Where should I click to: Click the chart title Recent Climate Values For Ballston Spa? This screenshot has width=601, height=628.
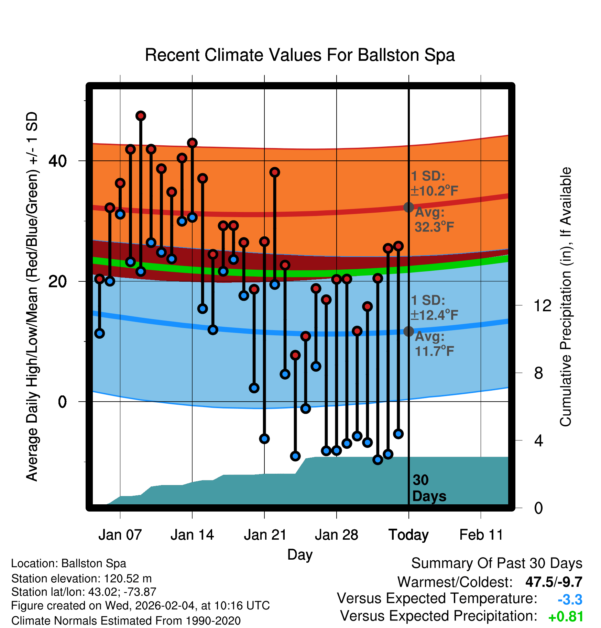pos(300,55)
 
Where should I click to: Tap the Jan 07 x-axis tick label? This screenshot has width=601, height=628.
pos(120,535)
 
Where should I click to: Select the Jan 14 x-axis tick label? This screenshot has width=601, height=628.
pos(192,535)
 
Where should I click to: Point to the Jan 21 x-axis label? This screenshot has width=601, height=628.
pos(265,535)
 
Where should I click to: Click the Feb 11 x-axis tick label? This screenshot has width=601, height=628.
pos(481,535)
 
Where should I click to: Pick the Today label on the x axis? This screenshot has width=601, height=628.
pos(408,535)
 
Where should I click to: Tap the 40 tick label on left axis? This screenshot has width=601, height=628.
pos(57,161)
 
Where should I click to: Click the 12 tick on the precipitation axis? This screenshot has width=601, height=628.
pos(542,305)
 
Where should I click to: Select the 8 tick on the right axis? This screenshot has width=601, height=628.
pos(539,373)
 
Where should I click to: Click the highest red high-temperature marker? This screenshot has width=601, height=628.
pos(141,116)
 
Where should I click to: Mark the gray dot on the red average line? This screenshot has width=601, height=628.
pos(408,207)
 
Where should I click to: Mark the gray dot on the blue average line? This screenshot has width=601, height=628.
pos(408,331)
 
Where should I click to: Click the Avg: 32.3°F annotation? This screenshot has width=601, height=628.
pos(434,220)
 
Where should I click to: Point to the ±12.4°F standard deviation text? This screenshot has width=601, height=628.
pos(435,315)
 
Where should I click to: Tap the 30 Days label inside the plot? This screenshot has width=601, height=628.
pos(429,488)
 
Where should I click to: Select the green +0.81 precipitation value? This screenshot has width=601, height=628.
pos(566,617)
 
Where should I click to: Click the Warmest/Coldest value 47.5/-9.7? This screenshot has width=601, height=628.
pos(554,582)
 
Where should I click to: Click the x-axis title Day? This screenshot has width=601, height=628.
pos(300,554)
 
